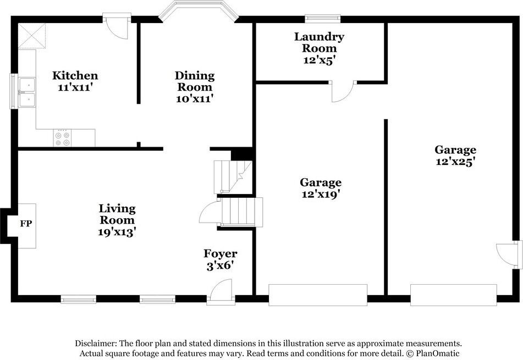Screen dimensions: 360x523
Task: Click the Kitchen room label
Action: (x=75, y=76)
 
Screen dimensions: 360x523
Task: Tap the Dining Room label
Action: (x=195, y=81)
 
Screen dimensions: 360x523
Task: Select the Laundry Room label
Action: (x=319, y=42)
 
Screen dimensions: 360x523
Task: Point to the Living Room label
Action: (x=117, y=214)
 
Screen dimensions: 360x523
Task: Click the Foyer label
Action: (x=220, y=253)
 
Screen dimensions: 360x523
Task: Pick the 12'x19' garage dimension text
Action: (x=321, y=194)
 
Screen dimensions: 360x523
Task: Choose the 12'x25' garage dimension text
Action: (x=455, y=162)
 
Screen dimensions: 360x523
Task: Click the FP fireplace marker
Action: (x=25, y=224)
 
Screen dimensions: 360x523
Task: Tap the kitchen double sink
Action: (x=26, y=92)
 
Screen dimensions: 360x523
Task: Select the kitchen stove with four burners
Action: (x=62, y=138)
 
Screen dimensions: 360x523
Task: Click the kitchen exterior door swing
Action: (x=117, y=29)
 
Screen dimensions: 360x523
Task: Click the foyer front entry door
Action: (x=221, y=290)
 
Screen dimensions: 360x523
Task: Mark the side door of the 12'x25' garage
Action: (x=506, y=254)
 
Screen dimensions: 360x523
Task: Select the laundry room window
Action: (x=323, y=18)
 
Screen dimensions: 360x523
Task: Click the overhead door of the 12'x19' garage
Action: (x=317, y=295)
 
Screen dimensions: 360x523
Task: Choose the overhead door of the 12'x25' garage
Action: (x=453, y=295)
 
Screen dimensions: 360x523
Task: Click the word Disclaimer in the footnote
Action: (x=96, y=343)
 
